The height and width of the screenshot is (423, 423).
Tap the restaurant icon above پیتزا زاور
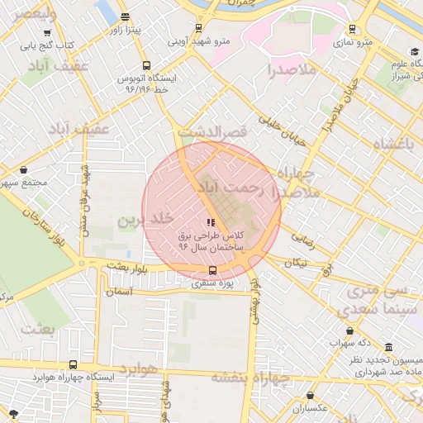125,17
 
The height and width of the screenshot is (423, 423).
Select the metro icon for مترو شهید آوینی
197,27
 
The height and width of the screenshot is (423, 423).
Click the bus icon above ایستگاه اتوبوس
146,65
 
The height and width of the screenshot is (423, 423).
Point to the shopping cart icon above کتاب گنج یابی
36,33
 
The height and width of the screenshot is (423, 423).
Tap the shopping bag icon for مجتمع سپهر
22,170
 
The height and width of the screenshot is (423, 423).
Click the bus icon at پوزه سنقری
213,270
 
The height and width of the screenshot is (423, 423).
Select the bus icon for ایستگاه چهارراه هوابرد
74,364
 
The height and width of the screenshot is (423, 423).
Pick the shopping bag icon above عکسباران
310,396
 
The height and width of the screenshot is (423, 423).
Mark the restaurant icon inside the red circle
211,221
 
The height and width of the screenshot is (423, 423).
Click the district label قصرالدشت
214,131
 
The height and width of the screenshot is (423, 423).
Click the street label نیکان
295,262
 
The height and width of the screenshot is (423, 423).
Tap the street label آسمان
119,292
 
